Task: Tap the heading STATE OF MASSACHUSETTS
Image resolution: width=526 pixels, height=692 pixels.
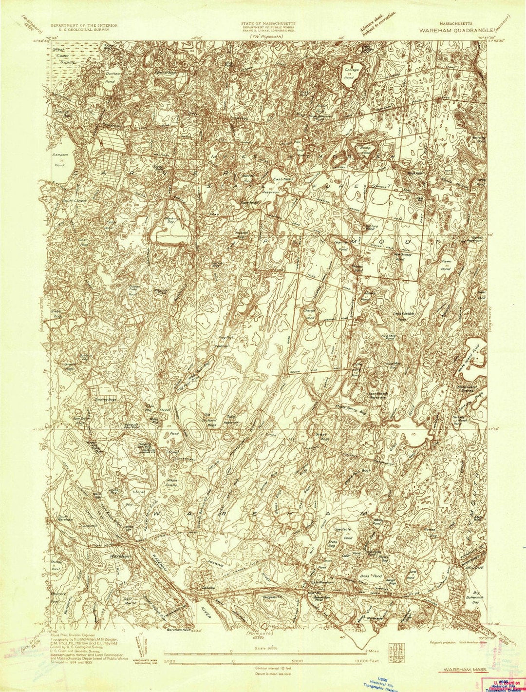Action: tap(267, 23)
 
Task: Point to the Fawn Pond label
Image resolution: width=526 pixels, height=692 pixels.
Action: tap(446, 265)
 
